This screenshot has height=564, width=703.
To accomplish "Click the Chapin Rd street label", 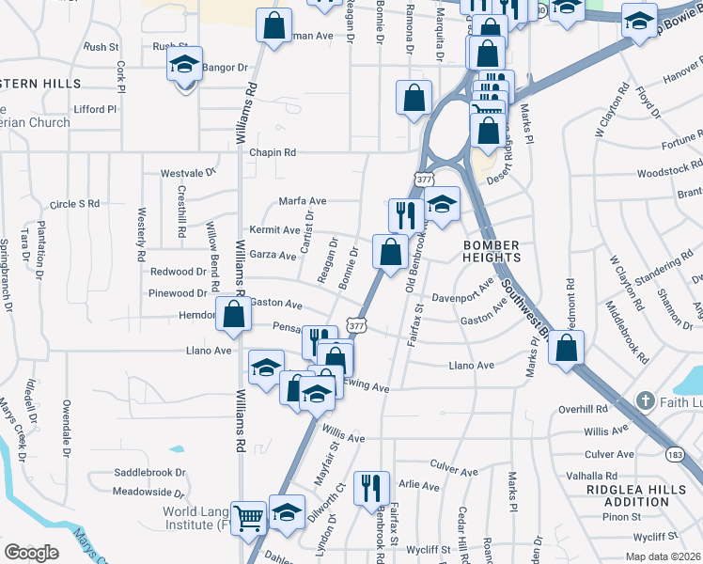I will point(273,152).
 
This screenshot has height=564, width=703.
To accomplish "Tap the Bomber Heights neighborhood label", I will point(491,250).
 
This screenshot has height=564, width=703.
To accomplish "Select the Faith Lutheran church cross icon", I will point(644,401).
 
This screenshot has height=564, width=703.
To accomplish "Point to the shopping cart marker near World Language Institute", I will point(248,515).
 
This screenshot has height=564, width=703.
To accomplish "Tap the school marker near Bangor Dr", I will point(184,65).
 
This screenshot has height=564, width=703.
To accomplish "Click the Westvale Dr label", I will point(188,173).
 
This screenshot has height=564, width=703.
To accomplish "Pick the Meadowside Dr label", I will point(148,492).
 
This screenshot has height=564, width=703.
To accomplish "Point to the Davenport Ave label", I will point(462,300).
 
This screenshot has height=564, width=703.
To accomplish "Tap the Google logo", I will point(31,552).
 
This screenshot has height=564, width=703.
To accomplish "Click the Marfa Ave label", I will point(302,201).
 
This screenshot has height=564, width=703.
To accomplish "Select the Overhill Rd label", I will point(583,410).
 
